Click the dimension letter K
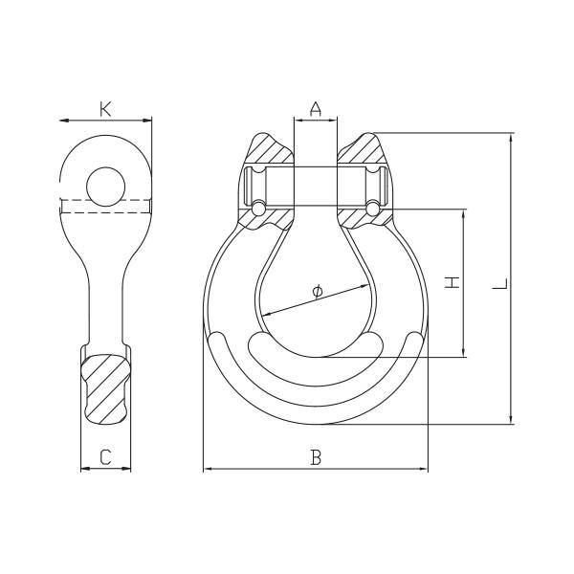(105, 108)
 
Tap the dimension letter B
(316, 457)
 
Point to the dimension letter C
(105, 457)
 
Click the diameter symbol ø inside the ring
(317, 290)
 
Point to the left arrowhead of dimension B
(209, 469)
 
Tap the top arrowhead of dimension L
(513, 138)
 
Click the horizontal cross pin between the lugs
(316, 188)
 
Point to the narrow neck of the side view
(105, 297)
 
